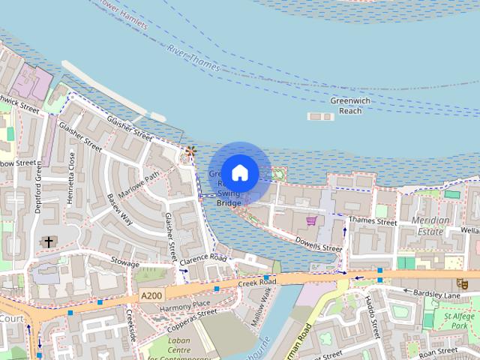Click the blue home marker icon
pyautogui.click(x=240, y=172)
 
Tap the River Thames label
pyautogui.click(x=193, y=59)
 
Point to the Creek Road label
pyautogui.click(x=257, y=282)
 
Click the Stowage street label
pyautogui.click(x=125, y=263)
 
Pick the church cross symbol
pyautogui.click(x=49, y=241)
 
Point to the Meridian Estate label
pyautogui.click(x=430, y=226)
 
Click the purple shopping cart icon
pyautogui.click(x=311, y=220)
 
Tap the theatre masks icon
pyautogui.click(x=463, y=283)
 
